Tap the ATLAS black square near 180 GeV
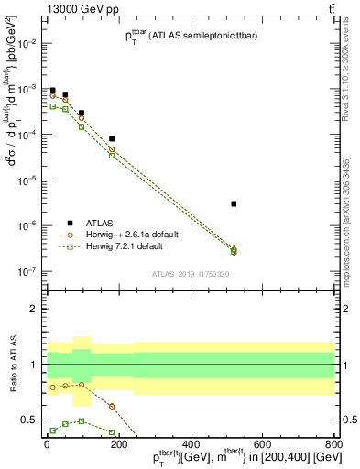click(112, 138)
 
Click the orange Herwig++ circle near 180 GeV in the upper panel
click(112, 149)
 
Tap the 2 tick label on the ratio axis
click(36, 309)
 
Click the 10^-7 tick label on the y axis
click(27, 271)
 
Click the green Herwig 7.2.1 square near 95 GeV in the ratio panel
click(82, 421)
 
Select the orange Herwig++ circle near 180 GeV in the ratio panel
click(112, 407)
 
